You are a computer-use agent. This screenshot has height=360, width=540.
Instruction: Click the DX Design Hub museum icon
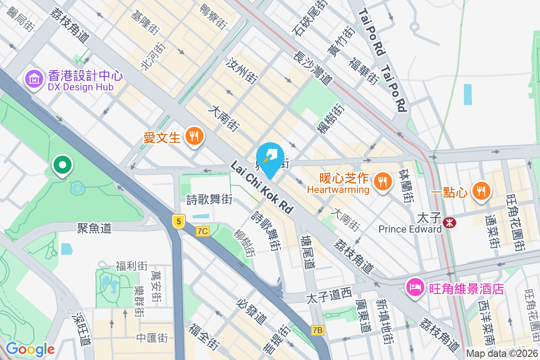pos(33,79)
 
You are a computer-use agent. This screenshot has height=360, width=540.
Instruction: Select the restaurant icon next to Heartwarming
pos(382,181)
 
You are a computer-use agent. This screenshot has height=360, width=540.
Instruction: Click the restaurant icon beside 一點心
pos(481,190)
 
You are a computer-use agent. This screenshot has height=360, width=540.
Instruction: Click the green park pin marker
pos(63,165)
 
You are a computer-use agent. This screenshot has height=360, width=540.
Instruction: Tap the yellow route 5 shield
pos(179,221)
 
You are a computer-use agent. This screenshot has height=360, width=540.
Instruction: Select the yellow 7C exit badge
pos(203,231)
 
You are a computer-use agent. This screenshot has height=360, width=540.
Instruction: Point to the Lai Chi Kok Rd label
pos(261,187)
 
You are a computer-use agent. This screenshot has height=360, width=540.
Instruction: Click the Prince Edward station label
pos(410,229)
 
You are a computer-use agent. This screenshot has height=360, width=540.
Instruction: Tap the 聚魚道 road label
pos(94,228)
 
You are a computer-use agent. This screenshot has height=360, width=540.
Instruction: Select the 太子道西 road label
pos(328,297)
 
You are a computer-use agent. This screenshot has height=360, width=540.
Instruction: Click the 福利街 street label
pos(131,266)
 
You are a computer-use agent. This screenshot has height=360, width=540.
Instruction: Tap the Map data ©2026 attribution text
pos(502,354)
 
